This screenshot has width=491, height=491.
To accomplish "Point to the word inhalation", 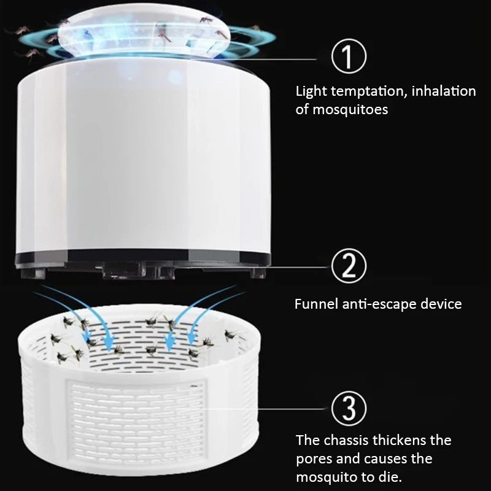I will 443,91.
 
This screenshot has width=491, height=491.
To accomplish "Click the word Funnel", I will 316,304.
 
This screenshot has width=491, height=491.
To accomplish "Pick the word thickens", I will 408,440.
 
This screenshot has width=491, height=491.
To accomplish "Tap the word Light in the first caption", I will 311,91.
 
